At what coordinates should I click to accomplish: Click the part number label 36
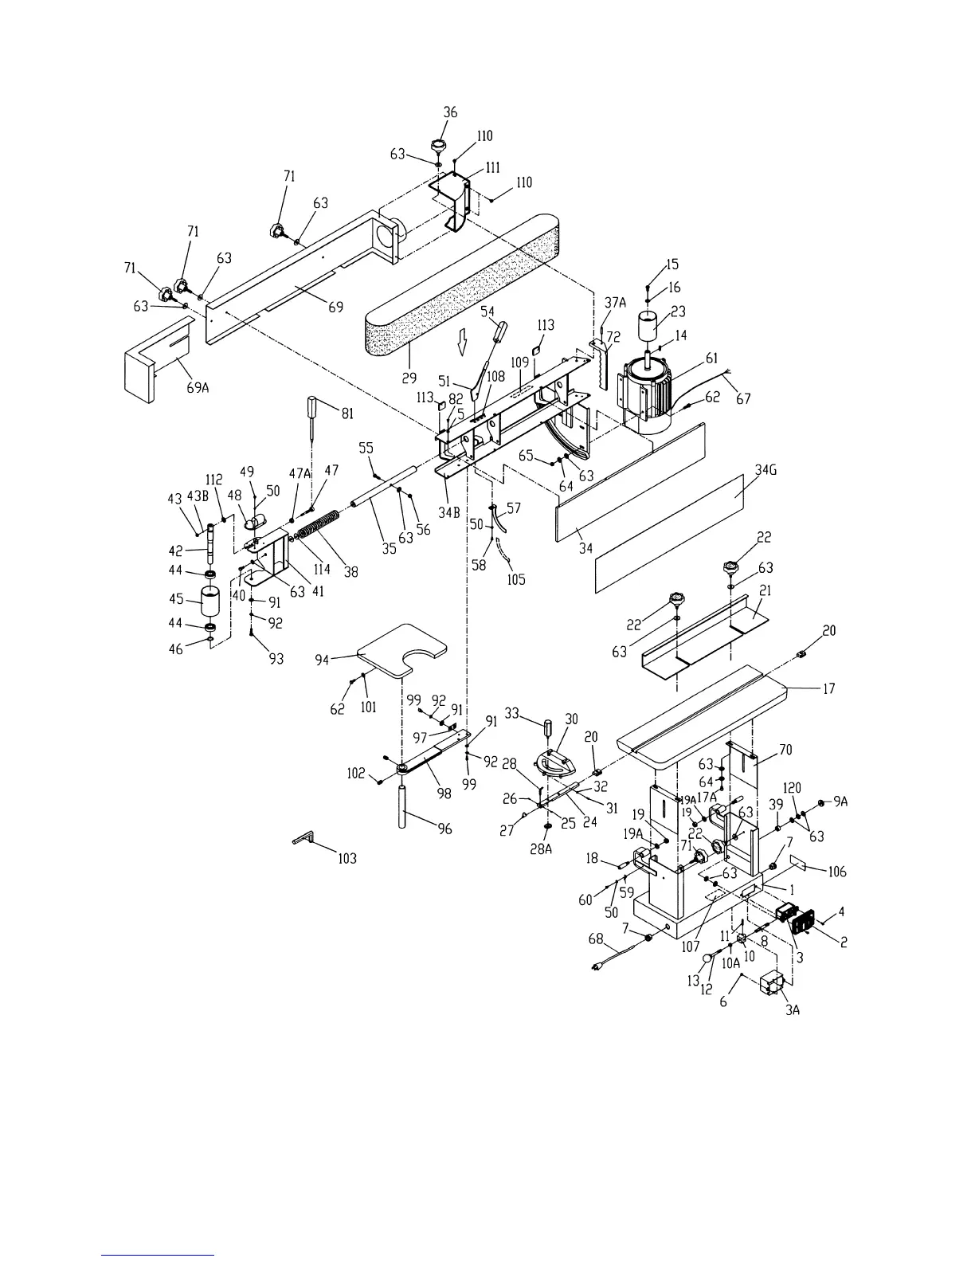pos(450,112)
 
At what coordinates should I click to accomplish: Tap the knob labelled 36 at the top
pos(437,146)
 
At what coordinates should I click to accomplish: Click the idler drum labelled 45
pos(211,602)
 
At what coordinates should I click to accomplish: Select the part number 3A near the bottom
pos(792,1009)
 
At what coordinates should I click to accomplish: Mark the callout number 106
pos(836,872)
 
